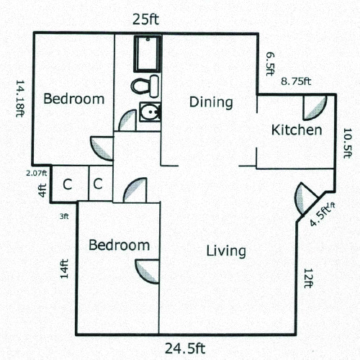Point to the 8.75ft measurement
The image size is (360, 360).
point(295,81)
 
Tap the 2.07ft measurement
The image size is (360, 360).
point(36,173)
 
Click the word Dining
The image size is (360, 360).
point(211,102)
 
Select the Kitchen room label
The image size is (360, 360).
point(296,130)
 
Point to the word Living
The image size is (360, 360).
point(226,251)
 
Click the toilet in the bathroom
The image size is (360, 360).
point(145,86)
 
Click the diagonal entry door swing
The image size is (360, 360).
point(302,197)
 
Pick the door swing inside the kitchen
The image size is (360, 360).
point(314,106)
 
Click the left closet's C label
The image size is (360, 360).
point(67,184)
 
